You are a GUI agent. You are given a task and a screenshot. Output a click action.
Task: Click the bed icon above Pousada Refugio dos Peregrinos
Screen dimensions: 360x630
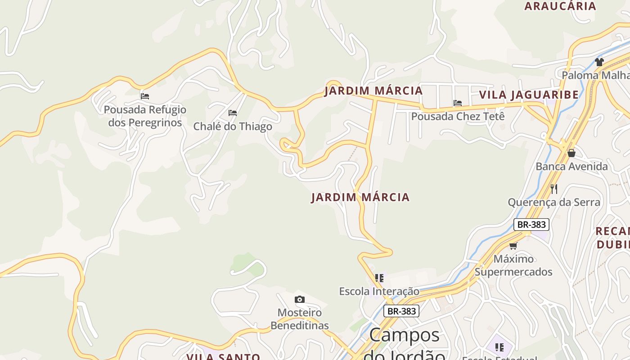144,96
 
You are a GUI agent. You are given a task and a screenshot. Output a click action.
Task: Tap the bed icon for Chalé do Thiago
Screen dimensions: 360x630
233,112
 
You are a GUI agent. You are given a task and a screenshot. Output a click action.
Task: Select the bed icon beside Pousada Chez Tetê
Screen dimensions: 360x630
458,103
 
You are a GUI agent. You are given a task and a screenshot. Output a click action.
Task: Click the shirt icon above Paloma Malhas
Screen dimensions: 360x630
599,62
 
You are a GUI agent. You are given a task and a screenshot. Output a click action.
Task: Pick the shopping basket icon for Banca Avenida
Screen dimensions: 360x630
571,153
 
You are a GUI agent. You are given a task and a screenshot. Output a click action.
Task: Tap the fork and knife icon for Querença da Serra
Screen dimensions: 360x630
554,189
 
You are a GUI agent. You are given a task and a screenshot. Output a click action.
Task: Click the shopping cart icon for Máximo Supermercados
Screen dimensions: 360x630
513,245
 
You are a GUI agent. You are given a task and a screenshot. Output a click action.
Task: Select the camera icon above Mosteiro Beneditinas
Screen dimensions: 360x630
299,299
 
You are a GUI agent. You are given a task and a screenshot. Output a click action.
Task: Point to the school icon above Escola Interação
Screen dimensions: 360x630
379,278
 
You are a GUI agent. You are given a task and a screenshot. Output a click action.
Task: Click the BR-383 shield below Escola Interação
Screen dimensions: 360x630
401,311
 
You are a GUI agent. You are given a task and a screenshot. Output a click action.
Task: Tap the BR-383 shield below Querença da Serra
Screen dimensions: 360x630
531,224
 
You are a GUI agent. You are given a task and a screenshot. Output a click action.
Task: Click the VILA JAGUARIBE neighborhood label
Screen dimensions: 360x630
529,95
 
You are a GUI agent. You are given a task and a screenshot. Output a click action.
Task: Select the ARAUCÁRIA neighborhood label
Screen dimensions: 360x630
560,6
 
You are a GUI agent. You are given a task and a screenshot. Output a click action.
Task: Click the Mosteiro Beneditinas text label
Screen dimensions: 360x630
300,319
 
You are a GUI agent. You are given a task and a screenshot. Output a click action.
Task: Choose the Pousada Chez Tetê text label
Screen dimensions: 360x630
458,116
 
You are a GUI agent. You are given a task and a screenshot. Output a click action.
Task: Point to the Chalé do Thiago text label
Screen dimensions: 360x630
233,126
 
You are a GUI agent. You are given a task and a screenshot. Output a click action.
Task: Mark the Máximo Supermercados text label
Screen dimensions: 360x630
513,265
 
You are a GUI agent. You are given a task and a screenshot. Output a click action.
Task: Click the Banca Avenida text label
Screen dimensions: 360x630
571,166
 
